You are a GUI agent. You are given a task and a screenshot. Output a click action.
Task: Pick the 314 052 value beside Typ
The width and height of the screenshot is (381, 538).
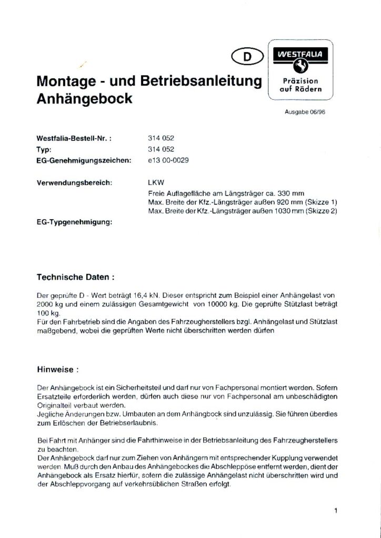[x=161, y=150]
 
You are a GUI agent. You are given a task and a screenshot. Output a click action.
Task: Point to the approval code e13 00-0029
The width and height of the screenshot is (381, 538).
[x=168, y=160]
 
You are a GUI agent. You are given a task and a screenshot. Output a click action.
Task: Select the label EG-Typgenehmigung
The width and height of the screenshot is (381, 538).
[x=75, y=223]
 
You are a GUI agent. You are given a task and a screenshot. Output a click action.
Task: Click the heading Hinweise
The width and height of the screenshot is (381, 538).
[x=57, y=369]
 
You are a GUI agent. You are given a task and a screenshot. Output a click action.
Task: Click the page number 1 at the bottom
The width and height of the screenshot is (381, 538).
[x=335, y=510]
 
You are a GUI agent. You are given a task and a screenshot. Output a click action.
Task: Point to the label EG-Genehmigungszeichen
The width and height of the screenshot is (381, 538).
[x=83, y=160]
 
